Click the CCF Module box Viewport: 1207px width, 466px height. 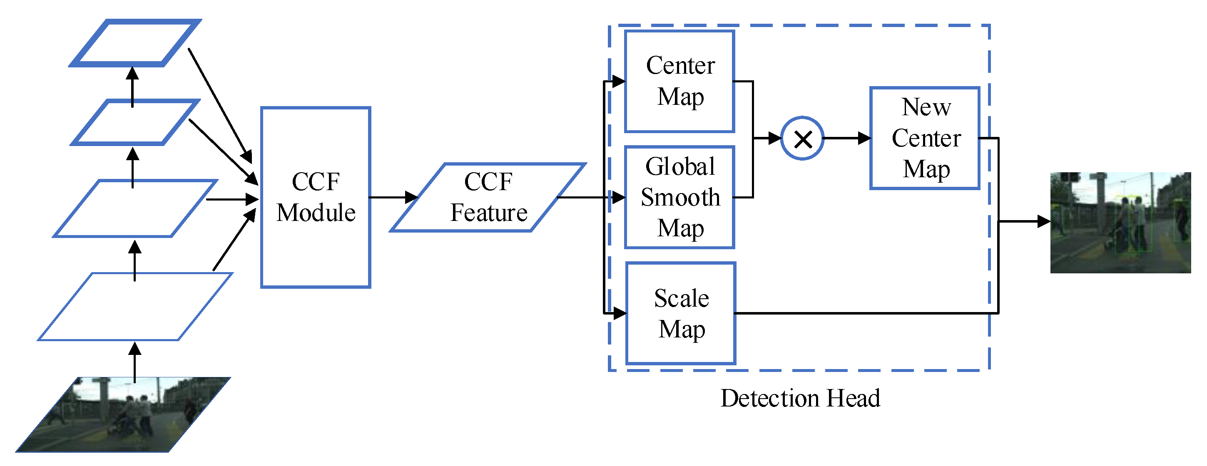315,197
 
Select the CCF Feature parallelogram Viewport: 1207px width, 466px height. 488,197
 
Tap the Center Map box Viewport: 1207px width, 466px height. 679,81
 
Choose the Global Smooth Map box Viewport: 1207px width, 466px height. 679,197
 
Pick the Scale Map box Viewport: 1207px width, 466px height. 681,313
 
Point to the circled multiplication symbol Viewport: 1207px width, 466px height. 803,139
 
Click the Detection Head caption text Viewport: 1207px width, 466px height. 800,398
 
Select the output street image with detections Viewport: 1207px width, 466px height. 1120,223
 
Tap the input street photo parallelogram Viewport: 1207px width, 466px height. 123,414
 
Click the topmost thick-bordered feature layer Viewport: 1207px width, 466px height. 135,42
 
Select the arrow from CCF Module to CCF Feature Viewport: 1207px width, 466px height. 394,197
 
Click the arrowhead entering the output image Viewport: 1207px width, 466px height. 1044,221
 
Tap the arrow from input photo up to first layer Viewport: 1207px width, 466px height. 135,362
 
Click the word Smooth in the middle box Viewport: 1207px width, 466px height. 680,197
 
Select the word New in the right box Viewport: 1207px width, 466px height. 926,107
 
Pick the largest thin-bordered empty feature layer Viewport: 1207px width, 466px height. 135,307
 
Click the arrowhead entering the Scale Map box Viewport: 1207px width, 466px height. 620,313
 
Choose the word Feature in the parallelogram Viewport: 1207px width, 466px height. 489,213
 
